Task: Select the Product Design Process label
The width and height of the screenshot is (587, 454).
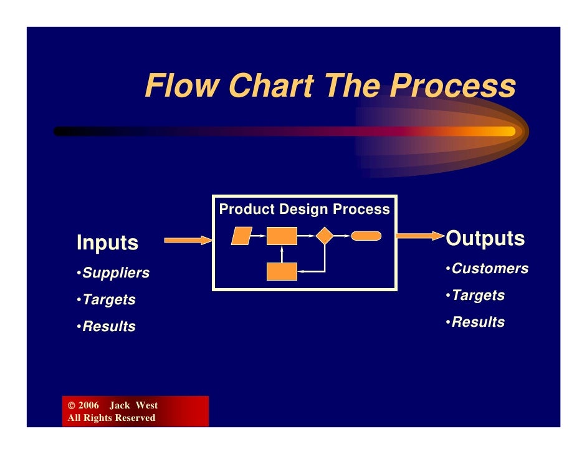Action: coord(304,210)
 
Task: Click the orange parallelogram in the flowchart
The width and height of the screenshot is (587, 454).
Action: coord(241,236)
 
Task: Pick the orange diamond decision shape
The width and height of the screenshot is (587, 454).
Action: coord(325,236)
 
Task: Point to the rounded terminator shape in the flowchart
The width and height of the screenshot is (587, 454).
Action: coord(366,236)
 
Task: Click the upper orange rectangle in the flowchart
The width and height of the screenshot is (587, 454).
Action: coord(282,236)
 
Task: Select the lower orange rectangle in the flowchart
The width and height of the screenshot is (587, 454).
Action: coord(282,272)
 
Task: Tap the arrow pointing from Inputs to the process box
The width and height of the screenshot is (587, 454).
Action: coord(188,240)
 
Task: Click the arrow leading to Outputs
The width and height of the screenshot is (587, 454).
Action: coord(419,236)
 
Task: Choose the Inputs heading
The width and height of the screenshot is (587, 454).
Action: coord(107,243)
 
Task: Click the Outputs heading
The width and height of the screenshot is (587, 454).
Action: coord(485,239)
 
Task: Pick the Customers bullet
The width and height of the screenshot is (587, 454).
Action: coord(490,269)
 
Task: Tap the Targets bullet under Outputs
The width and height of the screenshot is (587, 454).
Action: coord(478,296)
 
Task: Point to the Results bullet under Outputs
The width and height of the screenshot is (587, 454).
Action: coord(478,322)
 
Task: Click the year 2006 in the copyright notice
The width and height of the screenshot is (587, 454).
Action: coord(88,406)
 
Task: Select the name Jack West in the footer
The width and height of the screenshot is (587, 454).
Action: coord(134,406)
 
